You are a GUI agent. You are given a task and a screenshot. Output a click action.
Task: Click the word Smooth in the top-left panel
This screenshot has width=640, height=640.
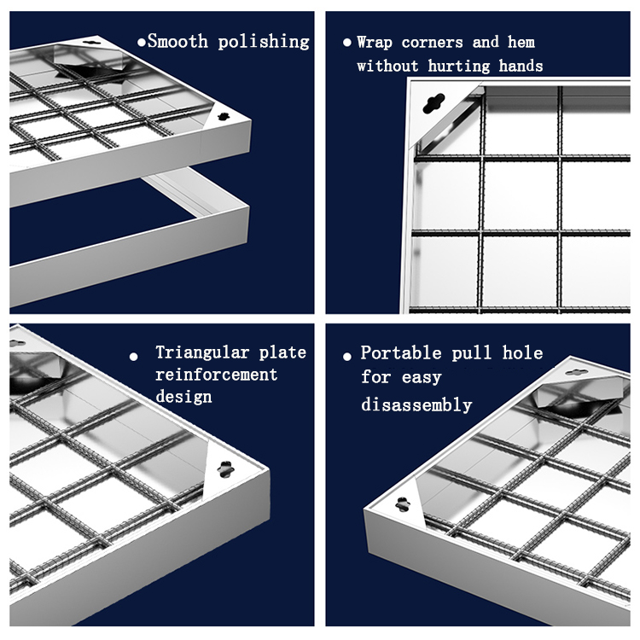[x=178, y=41]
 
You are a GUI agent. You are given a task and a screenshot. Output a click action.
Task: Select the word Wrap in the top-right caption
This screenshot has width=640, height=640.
[x=375, y=43]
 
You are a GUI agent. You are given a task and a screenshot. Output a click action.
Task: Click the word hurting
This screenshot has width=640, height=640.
[x=459, y=66]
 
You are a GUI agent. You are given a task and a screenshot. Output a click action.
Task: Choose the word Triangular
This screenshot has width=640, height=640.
[x=202, y=353]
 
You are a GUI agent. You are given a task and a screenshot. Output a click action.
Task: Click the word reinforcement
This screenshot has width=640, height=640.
[x=217, y=375]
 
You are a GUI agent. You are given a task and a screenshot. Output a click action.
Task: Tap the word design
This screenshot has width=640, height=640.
[x=183, y=397]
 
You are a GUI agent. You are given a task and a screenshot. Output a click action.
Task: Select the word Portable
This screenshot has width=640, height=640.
[x=401, y=352]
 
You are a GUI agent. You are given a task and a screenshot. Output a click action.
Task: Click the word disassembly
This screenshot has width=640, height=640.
[x=416, y=404]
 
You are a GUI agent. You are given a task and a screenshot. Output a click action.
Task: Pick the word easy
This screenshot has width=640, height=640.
[x=422, y=377]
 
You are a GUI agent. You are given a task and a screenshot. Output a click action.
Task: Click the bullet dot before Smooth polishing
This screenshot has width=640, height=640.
[x=142, y=42]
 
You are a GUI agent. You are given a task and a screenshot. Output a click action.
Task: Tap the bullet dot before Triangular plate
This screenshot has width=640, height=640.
[x=133, y=357]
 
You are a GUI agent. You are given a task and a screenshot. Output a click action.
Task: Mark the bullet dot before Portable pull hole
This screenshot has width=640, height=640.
[x=347, y=357]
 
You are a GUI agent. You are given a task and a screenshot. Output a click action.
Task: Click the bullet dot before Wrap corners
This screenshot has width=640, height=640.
[x=347, y=42]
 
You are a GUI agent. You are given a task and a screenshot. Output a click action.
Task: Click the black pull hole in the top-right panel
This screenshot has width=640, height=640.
[x=433, y=103]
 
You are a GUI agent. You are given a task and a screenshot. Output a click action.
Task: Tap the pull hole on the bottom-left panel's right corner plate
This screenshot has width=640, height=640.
[x=225, y=469]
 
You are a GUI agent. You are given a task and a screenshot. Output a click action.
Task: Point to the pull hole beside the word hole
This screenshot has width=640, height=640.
[x=576, y=372]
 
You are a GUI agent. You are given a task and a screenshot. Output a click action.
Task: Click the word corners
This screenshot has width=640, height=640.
[x=433, y=43]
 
